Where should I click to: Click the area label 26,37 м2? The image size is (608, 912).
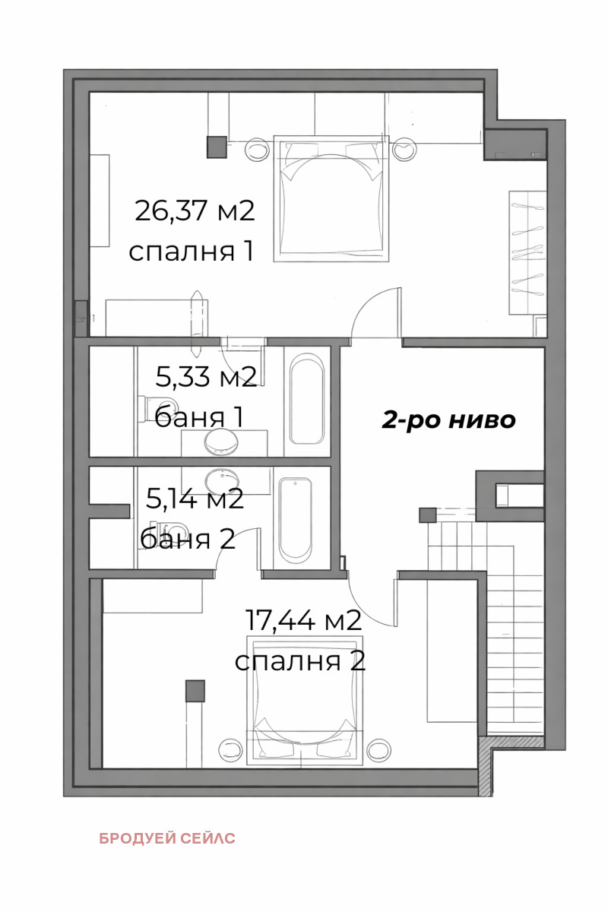pos(194,211)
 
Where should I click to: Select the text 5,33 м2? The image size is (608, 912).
pos(206,376)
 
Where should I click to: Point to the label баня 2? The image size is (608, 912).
pos(188,538)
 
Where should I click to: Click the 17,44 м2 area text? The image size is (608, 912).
pos(302,621)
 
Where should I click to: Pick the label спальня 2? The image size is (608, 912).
pos(300,660)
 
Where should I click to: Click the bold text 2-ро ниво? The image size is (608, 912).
pos(448,420)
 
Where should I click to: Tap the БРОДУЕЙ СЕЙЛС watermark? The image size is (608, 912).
pos(167,838)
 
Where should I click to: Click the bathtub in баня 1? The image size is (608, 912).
pos(307,398)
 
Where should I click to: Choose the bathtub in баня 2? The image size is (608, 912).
pos(295,518)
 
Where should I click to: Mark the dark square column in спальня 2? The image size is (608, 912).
pos(195,691)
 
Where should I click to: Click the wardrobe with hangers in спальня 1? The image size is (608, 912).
pos(527,251)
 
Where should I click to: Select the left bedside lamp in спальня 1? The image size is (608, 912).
pos(258,149)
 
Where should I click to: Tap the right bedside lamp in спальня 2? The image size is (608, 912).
pos(378,751)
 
